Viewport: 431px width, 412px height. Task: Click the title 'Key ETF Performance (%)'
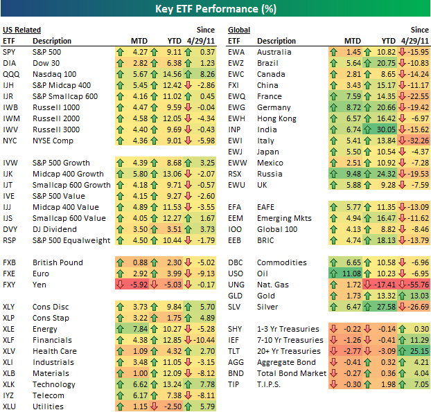(215, 10)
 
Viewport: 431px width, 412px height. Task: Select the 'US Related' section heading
(21, 30)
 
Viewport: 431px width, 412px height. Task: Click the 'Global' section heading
(239, 30)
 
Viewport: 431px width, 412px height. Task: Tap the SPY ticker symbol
(10, 52)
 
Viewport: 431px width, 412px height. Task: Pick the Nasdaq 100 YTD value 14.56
(172, 74)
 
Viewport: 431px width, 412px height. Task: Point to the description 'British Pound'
(58, 262)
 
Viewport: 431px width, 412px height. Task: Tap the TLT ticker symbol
(236, 351)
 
